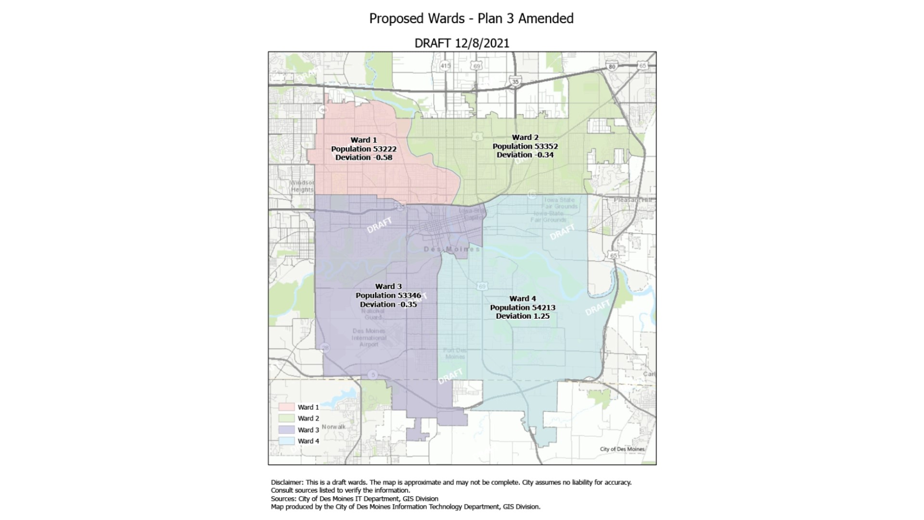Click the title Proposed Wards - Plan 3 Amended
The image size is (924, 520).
[471, 18]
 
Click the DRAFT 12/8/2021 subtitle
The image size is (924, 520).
[462, 43]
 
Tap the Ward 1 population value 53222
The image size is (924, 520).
[384, 149]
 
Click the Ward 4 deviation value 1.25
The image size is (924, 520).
[539, 316]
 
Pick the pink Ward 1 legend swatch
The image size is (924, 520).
[286, 407]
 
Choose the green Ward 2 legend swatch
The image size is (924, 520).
[286, 418]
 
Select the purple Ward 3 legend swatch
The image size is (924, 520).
[286, 429]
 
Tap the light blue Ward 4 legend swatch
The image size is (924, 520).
[286, 441]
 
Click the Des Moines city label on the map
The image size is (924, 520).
[451, 249]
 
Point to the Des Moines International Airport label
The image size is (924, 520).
[369, 338]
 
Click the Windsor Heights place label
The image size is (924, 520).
[302, 186]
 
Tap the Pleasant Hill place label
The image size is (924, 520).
[633, 199]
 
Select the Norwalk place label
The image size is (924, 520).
[334, 427]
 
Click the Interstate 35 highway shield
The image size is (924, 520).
[515, 81]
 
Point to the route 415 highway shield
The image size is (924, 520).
[445, 65]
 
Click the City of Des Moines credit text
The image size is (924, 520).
[622, 449]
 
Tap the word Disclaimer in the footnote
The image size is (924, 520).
[287, 482]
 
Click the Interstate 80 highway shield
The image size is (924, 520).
[612, 67]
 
